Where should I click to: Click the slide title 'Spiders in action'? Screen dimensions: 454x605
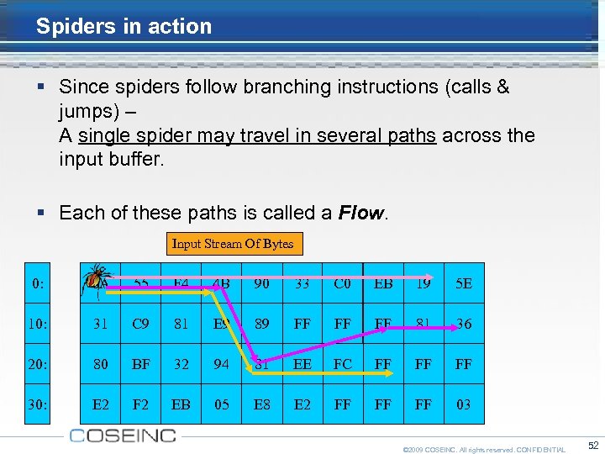tap(124, 26)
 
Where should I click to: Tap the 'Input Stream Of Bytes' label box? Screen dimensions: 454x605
tap(233, 244)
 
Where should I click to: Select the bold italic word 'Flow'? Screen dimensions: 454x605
tap(360, 213)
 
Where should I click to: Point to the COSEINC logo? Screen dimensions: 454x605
tap(123, 436)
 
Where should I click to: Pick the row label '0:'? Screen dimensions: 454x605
tap(37, 283)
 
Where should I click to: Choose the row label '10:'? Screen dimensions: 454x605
tap(37, 324)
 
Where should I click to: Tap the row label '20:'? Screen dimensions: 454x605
tap(37, 364)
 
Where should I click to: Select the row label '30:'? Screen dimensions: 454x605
tap(37, 404)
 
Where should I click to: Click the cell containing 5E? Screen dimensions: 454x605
tap(464, 283)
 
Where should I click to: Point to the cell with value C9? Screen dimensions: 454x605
tap(141, 324)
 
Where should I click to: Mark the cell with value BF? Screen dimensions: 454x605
tap(141, 364)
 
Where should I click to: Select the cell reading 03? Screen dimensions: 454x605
tap(464, 404)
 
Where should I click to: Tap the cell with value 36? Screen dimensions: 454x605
tap(464, 324)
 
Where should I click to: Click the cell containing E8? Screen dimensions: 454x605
tap(262, 404)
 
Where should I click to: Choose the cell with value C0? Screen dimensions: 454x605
tap(343, 283)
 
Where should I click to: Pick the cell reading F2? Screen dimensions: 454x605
tap(141, 404)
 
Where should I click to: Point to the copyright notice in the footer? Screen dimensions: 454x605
tap(484, 450)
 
